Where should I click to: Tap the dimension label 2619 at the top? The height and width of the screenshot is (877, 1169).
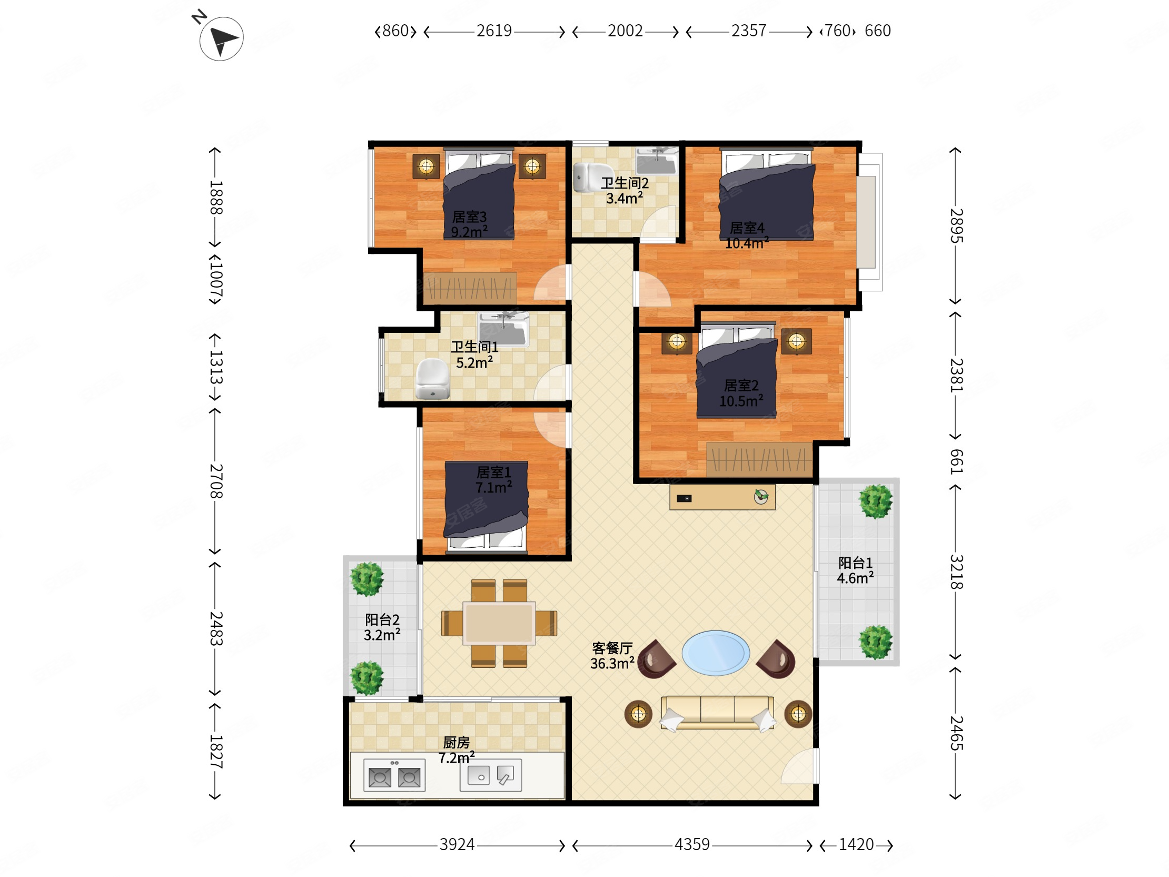click(494, 31)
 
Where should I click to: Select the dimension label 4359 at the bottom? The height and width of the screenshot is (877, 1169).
click(692, 844)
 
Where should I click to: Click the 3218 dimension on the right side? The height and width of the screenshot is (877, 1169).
click(957, 572)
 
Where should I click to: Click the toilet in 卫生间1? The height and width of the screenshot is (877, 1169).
click(432, 379)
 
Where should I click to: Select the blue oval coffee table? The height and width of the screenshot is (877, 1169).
click(716, 653)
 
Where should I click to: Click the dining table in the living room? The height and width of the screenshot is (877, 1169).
click(499, 623)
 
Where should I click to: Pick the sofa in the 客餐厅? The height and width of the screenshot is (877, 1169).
click(717, 713)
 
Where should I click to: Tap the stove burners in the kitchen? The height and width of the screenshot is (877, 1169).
click(394, 775)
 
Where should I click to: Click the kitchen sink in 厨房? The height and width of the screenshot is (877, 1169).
click(490, 775)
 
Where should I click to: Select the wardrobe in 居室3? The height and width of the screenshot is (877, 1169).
click(470, 288)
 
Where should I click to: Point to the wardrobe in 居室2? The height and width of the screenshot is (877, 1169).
click(759, 459)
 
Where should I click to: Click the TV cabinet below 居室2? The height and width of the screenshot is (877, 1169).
click(722, 497)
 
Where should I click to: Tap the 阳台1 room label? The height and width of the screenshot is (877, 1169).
click(855, 563)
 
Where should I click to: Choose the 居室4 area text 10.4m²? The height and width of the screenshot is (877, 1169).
click(747, 243)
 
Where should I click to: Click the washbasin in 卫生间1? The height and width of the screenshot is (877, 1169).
click(503, 329)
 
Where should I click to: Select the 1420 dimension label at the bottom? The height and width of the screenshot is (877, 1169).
click(856, 844)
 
